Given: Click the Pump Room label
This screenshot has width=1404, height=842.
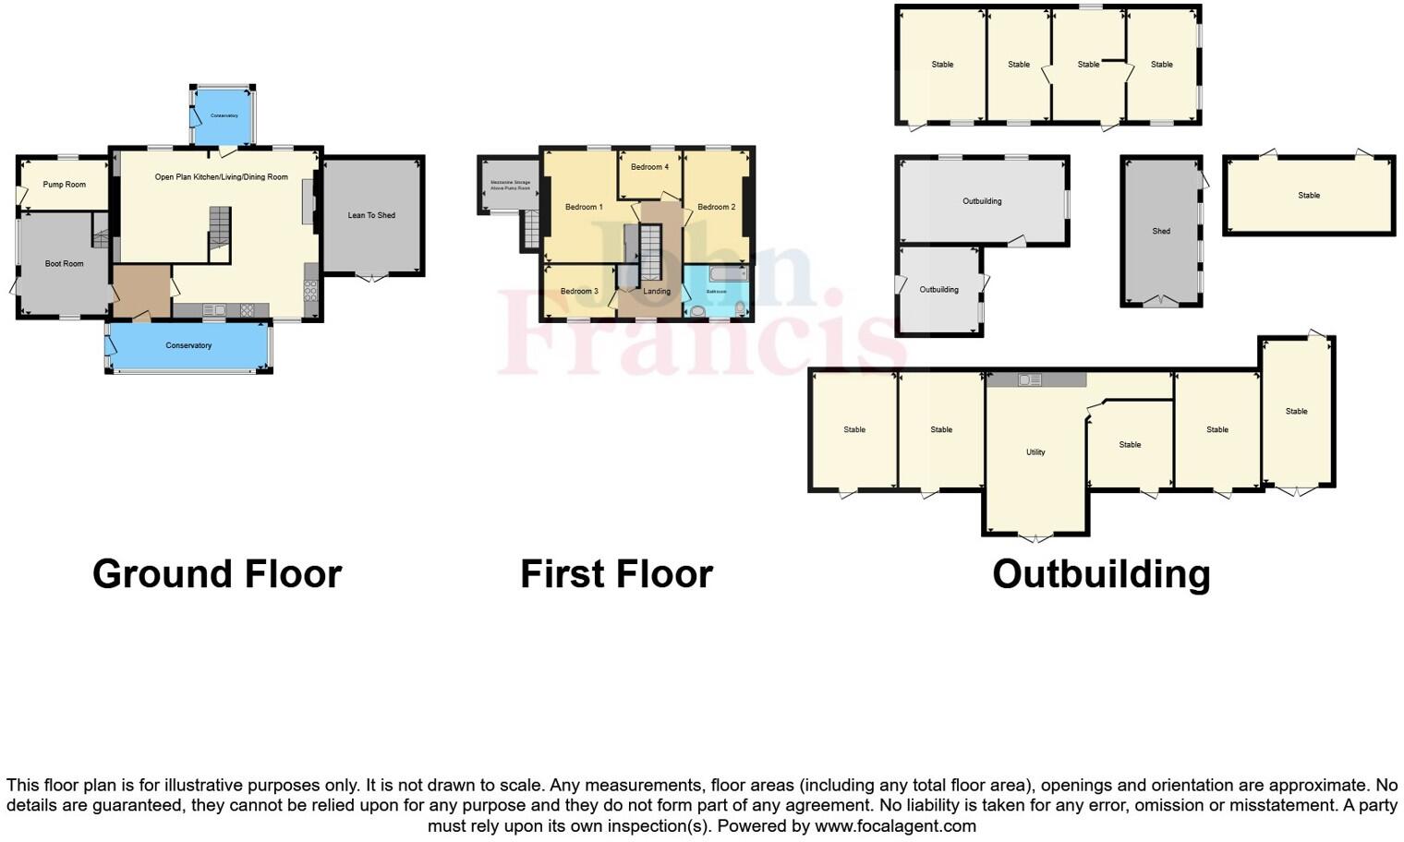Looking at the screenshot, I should click(64, 185).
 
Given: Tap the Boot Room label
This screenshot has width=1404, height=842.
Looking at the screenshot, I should click(65, 264).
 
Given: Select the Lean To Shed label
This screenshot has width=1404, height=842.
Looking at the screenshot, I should click(371, 216).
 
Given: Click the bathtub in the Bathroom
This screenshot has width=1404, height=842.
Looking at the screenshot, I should click(728, 274).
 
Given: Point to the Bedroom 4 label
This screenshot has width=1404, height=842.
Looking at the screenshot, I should click(649, 167).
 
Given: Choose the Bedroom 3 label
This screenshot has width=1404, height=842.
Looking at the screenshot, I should click(579, 292).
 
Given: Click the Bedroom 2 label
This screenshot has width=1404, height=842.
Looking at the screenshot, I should click(716, 208).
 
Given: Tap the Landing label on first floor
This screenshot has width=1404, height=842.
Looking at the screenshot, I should click(657, 292).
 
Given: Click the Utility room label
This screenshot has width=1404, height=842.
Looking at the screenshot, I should click(1035, 452).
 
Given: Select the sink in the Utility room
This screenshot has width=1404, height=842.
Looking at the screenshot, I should click(1030, 380).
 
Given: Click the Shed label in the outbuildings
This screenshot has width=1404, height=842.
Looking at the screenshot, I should click(1161, 232).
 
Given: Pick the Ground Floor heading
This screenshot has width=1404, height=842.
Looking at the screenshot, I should click(217, 574).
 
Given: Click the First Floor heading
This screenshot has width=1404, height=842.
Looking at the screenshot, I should click(616, 574).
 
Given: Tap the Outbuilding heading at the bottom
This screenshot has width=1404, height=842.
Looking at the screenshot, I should click(1101, 574).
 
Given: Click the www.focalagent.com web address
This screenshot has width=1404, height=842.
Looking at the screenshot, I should click(895, 826).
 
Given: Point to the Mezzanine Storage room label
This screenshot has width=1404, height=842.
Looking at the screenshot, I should click(510, 186).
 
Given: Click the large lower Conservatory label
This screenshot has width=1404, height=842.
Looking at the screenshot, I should click(188, 346).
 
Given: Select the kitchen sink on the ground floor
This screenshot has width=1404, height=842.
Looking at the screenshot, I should click(214, 310).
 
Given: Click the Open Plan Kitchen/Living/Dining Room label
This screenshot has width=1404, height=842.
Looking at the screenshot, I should click(221, 177).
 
